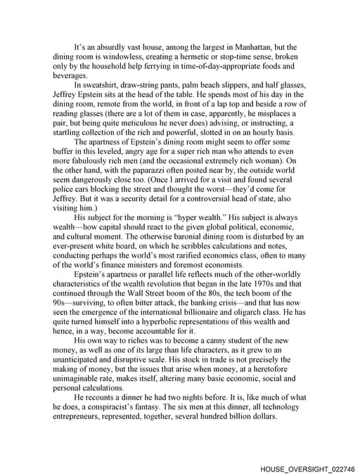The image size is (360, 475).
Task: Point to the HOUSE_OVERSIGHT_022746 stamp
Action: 307,467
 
